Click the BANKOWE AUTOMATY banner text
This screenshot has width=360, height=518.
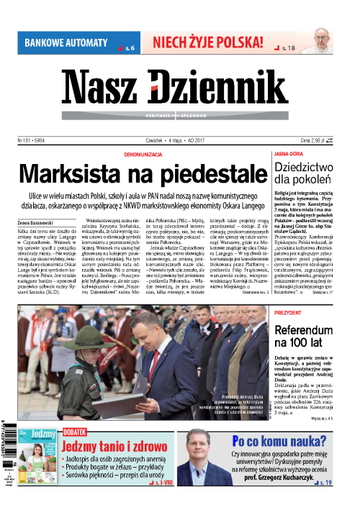click(x=66, y=42)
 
